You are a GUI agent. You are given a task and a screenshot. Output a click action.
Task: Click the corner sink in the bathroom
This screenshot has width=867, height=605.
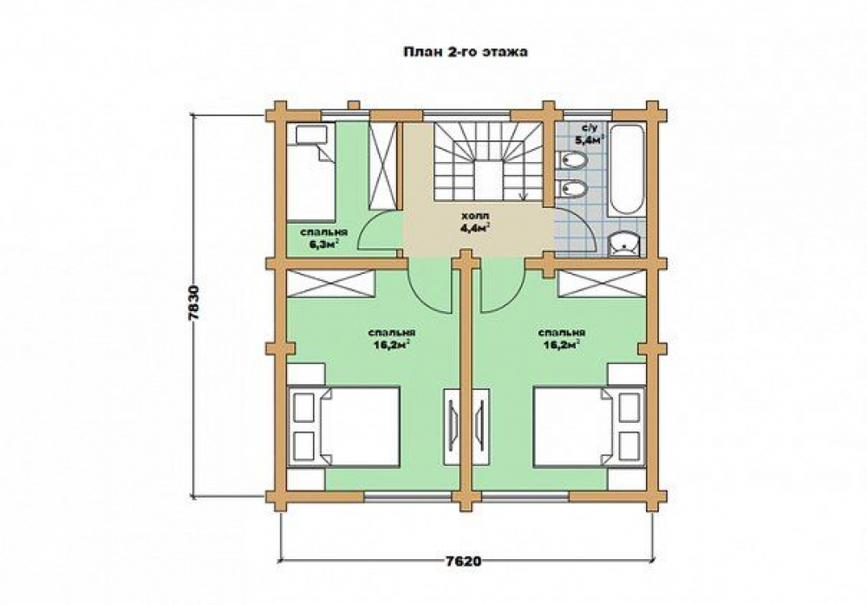tap(625, 244)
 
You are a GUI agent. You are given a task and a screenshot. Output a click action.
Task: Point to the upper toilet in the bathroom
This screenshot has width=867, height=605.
tap(570, 161)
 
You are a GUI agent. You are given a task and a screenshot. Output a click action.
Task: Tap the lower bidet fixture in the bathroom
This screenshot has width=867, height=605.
tap(570, 190)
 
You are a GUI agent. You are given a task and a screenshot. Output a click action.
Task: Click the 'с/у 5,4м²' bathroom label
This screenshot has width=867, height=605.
tap(588, 134)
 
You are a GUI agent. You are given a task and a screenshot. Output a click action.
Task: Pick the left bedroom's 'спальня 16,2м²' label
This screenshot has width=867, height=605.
tap(392, 338)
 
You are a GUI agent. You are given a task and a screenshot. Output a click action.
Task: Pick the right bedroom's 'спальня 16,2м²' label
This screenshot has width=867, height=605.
tap(562, 338)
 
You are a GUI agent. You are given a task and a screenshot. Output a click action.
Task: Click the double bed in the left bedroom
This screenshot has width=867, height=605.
tap(343, 426)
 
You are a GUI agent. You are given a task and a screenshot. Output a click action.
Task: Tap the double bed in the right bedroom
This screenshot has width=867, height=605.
tap(590, 426)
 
